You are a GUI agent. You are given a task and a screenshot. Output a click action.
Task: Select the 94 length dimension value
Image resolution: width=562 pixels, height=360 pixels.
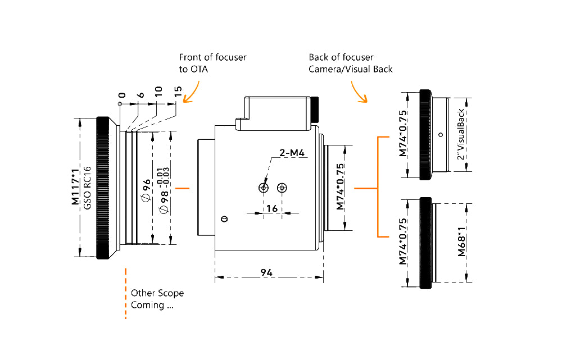point(267,272)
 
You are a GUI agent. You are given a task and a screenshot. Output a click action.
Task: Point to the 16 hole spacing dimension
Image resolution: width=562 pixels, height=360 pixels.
point(272,208)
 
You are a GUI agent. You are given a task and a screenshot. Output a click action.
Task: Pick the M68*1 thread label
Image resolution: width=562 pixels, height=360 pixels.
point(461,242)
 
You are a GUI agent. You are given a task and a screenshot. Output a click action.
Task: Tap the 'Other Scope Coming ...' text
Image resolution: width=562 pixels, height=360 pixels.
point(157,299)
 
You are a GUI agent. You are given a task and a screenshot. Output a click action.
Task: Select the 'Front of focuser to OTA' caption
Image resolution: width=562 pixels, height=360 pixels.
point(212,63)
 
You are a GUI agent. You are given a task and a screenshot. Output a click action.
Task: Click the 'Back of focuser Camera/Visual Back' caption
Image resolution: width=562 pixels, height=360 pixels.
point(350,63)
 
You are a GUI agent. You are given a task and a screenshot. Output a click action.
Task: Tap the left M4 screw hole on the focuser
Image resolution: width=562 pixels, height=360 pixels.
point(263,188)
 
